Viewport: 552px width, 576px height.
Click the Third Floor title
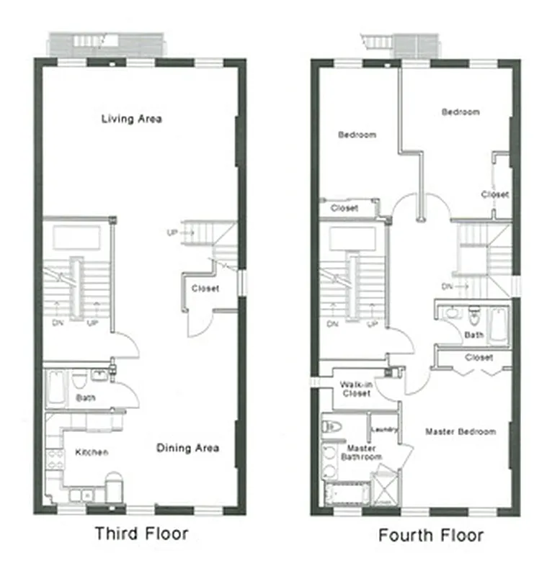[141, 534]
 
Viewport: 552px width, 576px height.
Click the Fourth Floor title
[430, 535]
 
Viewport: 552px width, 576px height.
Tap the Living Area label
[131, 119]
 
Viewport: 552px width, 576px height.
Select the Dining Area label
[187, 448]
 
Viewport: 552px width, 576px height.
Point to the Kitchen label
[92, 452]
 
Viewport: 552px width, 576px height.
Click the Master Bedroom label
[460, 432]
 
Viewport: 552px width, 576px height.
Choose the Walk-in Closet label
[355, 390]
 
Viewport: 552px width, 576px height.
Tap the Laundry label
[383, 430]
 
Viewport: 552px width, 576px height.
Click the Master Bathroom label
[362, 453]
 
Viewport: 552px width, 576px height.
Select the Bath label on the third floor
[85, 397]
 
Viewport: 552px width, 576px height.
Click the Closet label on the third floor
[205, 289]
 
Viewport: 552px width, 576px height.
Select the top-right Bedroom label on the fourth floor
[460, 112]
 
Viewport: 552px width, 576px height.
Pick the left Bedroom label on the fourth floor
[357, 135]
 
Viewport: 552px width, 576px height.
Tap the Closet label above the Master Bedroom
[479, 357]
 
